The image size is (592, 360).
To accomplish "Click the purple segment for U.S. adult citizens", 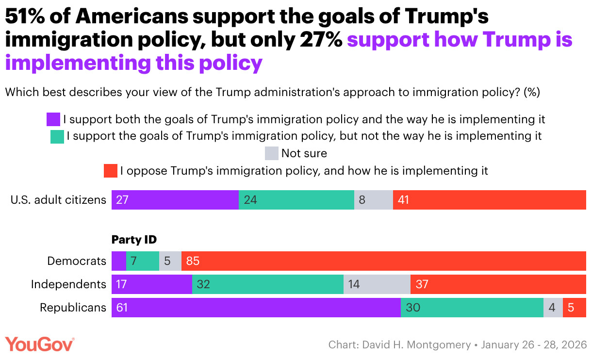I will point(175,200).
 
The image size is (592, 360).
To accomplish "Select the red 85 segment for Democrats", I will point(383,261).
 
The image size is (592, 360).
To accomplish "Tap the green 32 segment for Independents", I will point(268,284).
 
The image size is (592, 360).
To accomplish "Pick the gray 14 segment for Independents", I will point(377,284).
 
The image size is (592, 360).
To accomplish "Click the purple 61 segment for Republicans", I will point(256,308).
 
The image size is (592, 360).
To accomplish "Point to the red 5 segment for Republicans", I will point(575,308).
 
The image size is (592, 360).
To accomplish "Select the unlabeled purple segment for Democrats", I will point(119,261).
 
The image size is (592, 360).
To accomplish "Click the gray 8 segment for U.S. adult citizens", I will point(374,200).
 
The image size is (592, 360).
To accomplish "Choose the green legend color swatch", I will point(57,137).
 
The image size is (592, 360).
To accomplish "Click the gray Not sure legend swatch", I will point(272,154).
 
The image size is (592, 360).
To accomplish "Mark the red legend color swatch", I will point(111,171).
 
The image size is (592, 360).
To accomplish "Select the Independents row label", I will point(68,284).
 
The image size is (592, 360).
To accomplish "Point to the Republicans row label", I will point(73,308).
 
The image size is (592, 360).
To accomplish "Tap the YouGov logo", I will point(39,344).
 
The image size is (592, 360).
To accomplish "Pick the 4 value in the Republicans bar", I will point(552,308).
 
